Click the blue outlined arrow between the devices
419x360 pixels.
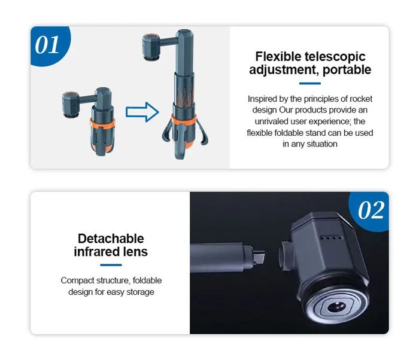click(142, 112)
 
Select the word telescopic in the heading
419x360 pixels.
click(335, 57)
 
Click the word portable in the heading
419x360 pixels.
click(347, 70)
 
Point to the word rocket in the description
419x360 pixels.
click(361, 99)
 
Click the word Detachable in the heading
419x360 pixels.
click(111, 239)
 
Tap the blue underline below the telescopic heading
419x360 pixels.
click(310, 84)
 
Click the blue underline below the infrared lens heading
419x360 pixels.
click(111, 265)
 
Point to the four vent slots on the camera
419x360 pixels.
click(332, 237)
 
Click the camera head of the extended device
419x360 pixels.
click(151, 47)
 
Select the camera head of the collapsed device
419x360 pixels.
click(71, 104)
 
